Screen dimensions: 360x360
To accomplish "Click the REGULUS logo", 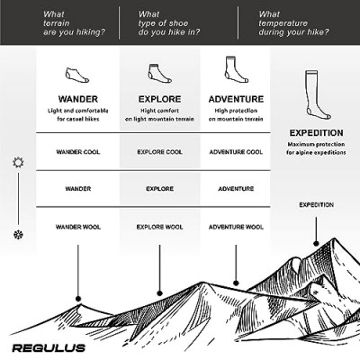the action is coord(49,348).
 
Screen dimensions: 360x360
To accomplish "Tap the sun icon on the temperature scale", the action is coord(18,162).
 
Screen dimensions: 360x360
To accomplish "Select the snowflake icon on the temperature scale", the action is coord(18,235).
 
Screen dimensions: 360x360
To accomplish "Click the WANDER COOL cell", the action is coord(78,152).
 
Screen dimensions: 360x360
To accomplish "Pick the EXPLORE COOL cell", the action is coord(159,152).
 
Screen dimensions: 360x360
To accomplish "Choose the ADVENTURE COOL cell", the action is coord(236,152).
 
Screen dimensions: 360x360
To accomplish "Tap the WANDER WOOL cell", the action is coord(78,227).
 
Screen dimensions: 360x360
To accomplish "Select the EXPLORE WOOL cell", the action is coord(159,227).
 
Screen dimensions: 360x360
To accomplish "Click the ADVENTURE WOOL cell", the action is coord(236,227).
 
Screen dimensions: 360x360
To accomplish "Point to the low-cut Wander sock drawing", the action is coord(77,76).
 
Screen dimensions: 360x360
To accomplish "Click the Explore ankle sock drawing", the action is coord(159,74).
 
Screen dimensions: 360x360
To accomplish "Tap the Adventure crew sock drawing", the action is coord(237,69).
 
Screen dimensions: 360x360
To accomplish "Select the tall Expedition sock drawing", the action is coord(318,94).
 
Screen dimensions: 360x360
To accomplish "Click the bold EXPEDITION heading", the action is coord(316,133).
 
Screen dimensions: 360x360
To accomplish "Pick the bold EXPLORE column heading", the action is coord(159,99).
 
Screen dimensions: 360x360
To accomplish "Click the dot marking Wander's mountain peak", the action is coord(78,299).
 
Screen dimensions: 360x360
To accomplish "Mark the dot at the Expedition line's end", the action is coord(316,243).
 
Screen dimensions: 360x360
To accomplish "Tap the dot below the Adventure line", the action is coord(236,283).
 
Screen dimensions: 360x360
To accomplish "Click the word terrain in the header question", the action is coord(57,23).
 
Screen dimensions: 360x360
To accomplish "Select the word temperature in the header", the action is coord(283,23).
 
